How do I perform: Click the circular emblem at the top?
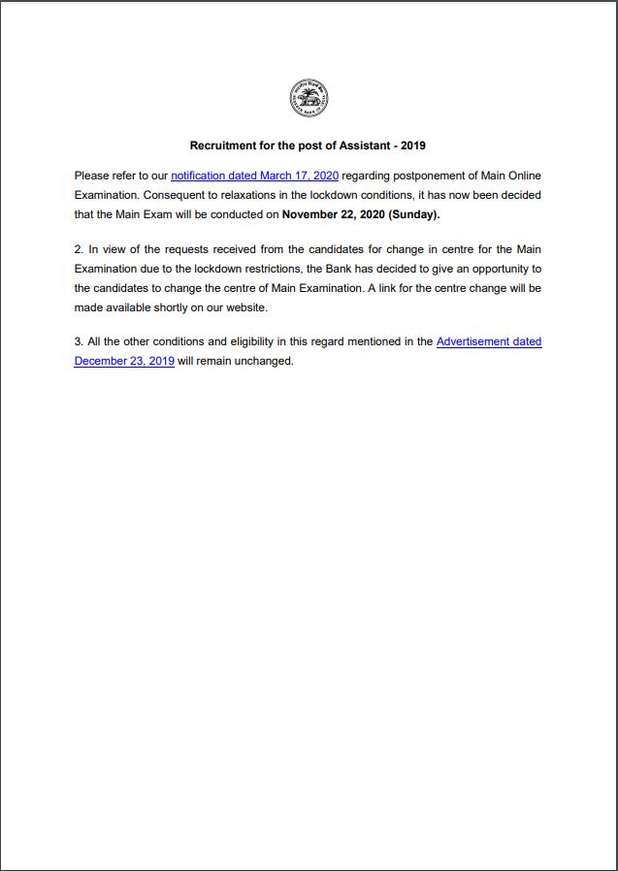pos(309,98)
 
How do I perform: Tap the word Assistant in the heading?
pos(364,145)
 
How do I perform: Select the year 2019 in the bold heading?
pos(413,145)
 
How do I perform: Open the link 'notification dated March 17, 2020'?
pos(254,176)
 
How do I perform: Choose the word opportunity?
pos(492,269)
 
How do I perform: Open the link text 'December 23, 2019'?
pos(124,361)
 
